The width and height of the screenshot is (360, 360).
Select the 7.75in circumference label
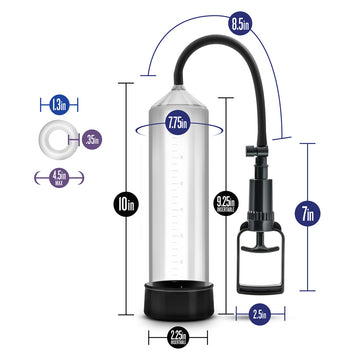point(177,124)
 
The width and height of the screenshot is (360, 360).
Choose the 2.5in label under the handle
point(258,315)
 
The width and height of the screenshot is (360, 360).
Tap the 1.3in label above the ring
point(62,103)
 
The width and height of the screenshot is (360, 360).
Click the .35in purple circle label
point(92,139)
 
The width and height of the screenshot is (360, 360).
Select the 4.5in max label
point(62,177)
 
